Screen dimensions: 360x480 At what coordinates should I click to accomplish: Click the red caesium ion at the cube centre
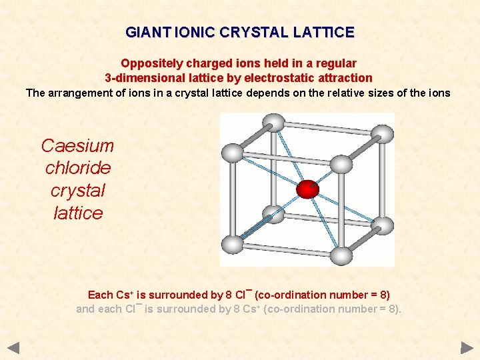(307, 189)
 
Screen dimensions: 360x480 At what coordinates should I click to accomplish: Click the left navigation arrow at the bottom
(14, 347)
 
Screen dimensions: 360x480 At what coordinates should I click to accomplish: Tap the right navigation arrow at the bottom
(467, 347)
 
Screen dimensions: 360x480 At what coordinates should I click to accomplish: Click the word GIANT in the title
(142, 32)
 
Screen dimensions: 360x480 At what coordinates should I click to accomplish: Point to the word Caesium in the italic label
(77, 146)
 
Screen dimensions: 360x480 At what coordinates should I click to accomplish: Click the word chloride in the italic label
(78, 168)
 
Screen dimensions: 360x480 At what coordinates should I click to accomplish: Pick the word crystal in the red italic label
(78, 191)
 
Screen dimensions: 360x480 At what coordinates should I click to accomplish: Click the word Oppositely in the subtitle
(147, 63)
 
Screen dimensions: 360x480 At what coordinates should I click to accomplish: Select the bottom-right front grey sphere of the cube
(341, 255)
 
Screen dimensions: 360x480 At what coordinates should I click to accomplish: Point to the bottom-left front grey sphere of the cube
(233, 243)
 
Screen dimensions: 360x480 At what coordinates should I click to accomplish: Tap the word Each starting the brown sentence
(101, 295)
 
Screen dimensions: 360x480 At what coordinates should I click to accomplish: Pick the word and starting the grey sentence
(85, 309)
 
